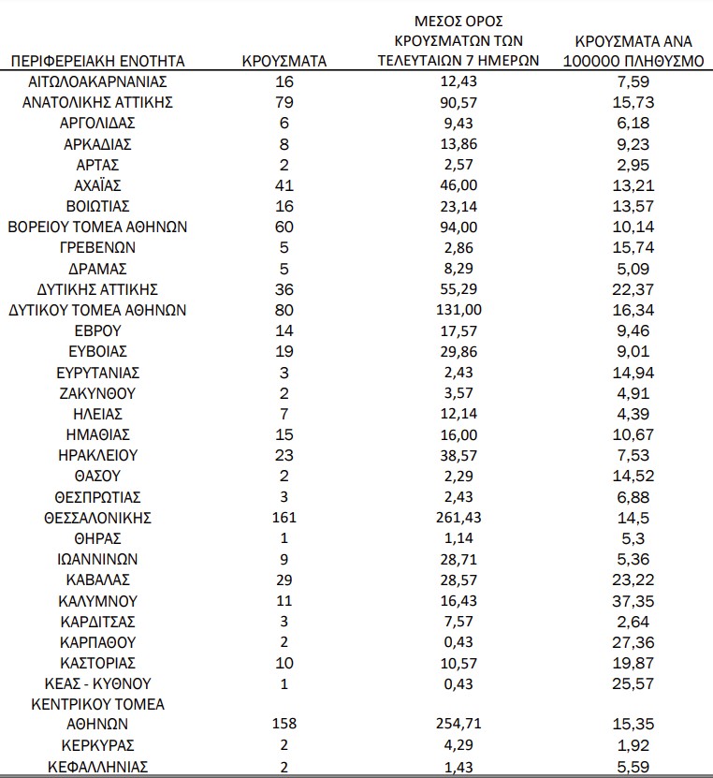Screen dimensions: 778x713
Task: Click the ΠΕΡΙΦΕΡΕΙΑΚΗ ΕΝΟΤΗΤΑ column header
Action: pyautogui.click(x=97, y=61)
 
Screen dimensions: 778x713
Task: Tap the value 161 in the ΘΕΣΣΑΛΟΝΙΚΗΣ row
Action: pyautogui.click(x=284, y=518)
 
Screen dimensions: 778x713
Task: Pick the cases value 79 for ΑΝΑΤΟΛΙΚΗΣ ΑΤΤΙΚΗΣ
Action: pyautogui.click(x=284, y=102)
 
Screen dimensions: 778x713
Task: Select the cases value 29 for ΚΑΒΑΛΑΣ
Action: pyautogui.click(x=284, y=580)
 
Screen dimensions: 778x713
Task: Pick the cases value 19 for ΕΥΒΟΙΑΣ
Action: pyautogui.click(x=284, y=351)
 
